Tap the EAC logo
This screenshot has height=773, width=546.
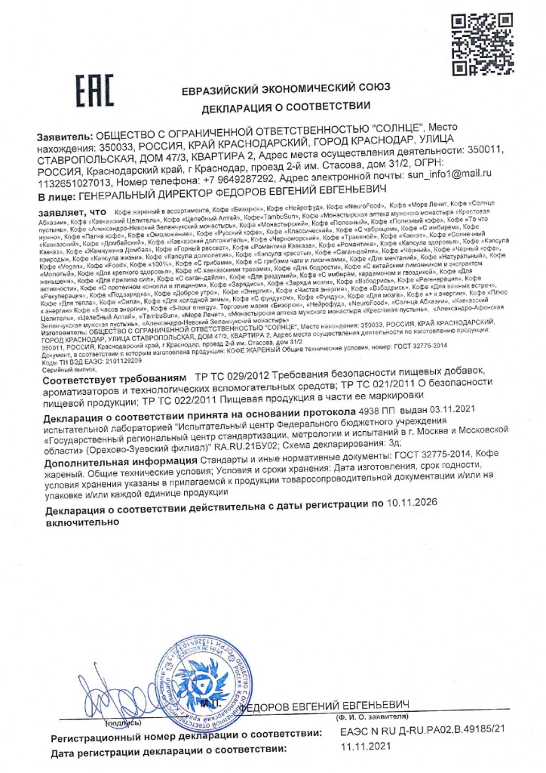point(94,94)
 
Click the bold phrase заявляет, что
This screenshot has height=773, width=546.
point(72,212)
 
